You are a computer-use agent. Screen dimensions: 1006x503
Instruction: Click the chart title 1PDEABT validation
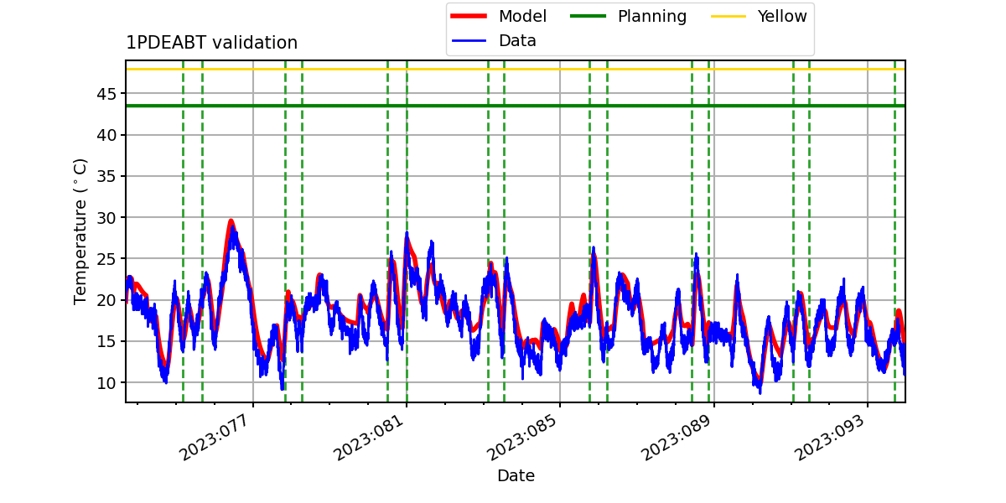pyautogui.click(x=211, y=43)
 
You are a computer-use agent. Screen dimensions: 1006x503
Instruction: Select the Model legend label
pyautogui.click(x=522, y=16)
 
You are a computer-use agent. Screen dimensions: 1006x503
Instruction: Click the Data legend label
pyautogui.click(x=517, y=41)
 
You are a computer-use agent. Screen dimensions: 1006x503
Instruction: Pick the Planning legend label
pyautogui.click(x=652, y=17)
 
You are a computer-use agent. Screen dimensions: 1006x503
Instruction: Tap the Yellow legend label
pyautogui.click(x=782, y=16)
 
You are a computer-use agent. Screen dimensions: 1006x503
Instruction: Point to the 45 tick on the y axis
pyautogui.click(x=106, y=94)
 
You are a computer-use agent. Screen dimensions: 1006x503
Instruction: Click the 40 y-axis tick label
pyautogui.click(x=106, y=135)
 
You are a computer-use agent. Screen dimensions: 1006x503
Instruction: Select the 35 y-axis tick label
pyautogui.click(x=106, y=177)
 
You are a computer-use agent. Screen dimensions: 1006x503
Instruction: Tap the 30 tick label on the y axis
pyautogui.click(x=106, y=218)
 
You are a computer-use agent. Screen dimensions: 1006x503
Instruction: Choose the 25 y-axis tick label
pyautogui.click(x=106, y=259)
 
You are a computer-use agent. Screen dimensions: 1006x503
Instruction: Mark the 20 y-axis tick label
pyautogui.click(x=106, y=300)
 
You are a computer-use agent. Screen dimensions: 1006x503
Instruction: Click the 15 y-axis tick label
pyautogui.click(x=106, y=341)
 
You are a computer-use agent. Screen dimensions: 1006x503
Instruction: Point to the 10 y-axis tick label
pyautogui.click(x=106, y=383)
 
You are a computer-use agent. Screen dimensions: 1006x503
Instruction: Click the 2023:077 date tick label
pyautogui.click(x=213, y=437)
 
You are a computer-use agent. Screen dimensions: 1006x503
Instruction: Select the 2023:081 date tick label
pyautogui.click(x=367, y=437)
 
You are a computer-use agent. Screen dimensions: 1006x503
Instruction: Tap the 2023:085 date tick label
pyautogui.click(x=521, y=437)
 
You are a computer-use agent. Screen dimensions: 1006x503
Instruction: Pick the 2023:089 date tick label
pyautogui.click(x=675, y=437)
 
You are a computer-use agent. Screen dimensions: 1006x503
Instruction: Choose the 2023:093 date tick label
pyautogui.click(x=828, y=437)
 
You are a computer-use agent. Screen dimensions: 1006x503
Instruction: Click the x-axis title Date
pyautogui.click(x=516, y=475)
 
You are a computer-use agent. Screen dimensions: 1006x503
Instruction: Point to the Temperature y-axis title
pyautogui.click(x=80, y=231)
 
